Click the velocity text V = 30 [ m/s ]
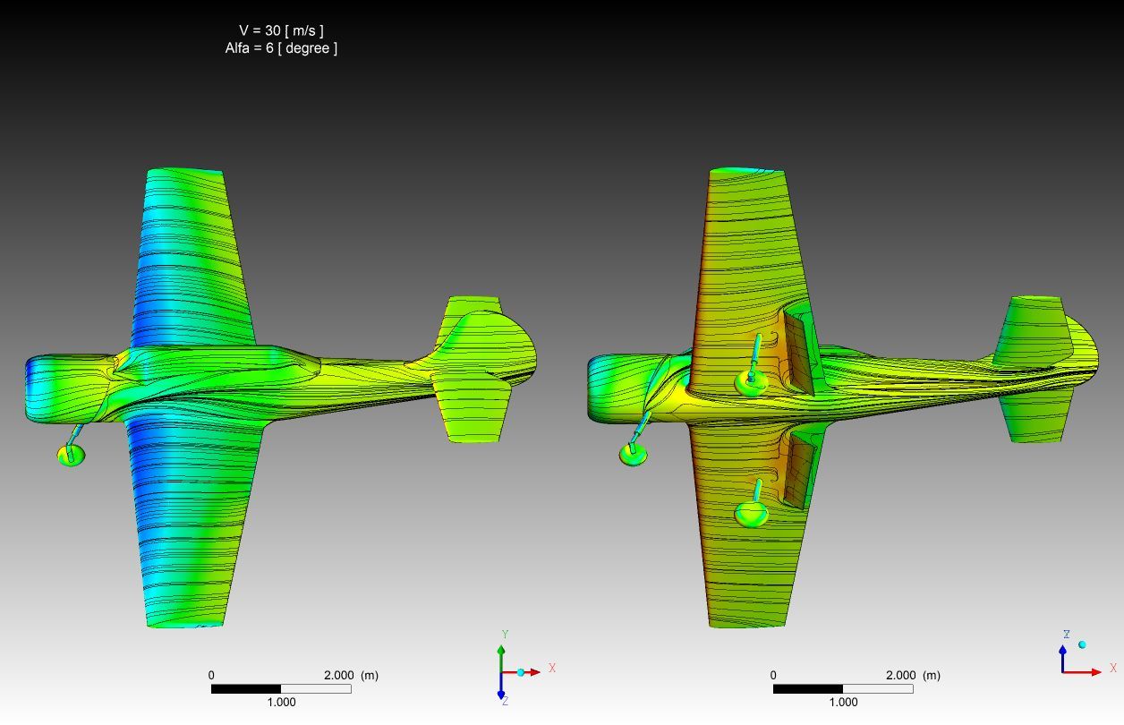tap(281, 30)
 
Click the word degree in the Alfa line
tap(308, 48)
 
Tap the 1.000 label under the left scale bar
tap(281, 702)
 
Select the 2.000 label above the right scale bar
tap(900, 675)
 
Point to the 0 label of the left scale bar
tap(211, 675)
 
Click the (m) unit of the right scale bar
tap(932, 675)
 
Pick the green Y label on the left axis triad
tap(506, 635)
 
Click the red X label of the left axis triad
tap(552, 668)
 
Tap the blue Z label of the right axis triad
tap(1067, 635)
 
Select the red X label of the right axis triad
tap(1113, 668)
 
